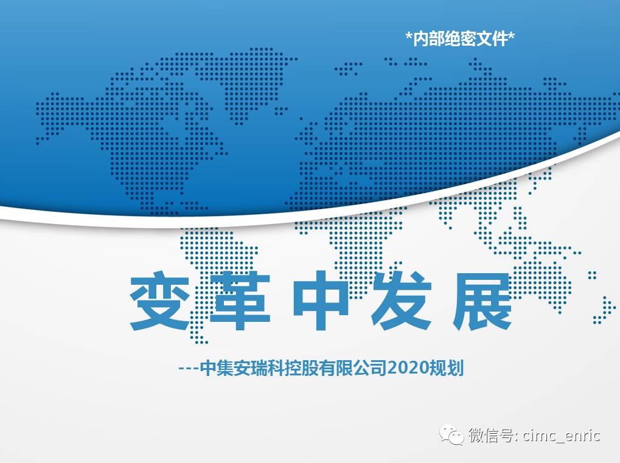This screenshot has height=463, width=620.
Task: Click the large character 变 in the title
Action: click(x=160, y=301)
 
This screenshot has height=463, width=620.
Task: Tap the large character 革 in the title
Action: click(x=240, y=301)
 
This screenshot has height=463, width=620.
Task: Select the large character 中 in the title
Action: click(x=321, y=301)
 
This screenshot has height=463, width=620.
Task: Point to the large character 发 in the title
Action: click(x=402, y=301)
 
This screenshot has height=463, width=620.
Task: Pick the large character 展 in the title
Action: click(x=482, y=301)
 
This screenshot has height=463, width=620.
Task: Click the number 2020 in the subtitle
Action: click(x=408, y=368)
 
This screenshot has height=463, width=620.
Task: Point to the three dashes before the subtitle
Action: click(x=189, y=369)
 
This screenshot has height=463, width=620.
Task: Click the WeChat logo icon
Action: click(x=451, y=435)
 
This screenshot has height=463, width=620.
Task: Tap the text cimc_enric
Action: click(x=561, y=436)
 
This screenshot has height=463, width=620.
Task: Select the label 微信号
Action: click(x=492, y=436)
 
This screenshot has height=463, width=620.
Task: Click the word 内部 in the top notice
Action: click(x=428, y=39)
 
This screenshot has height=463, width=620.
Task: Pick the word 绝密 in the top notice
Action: click(x=460, y=39)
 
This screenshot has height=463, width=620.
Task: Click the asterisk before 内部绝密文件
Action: click(x=409, y=36)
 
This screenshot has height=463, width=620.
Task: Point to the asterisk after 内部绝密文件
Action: click(x=511, y=36)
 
